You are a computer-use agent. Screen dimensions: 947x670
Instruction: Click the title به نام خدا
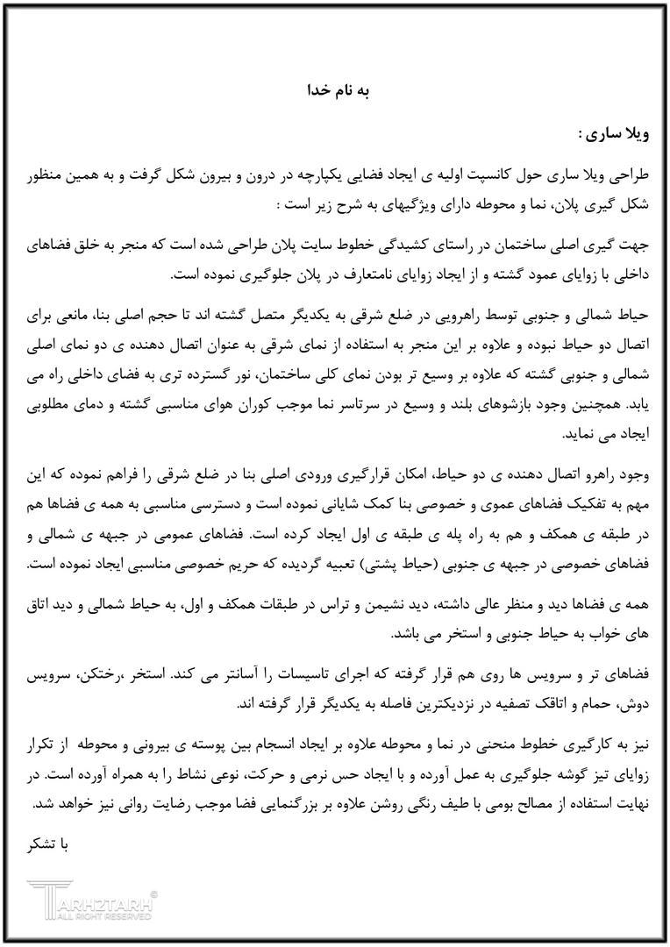[336, 89]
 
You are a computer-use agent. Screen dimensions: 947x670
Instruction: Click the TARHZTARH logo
[92, 896]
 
